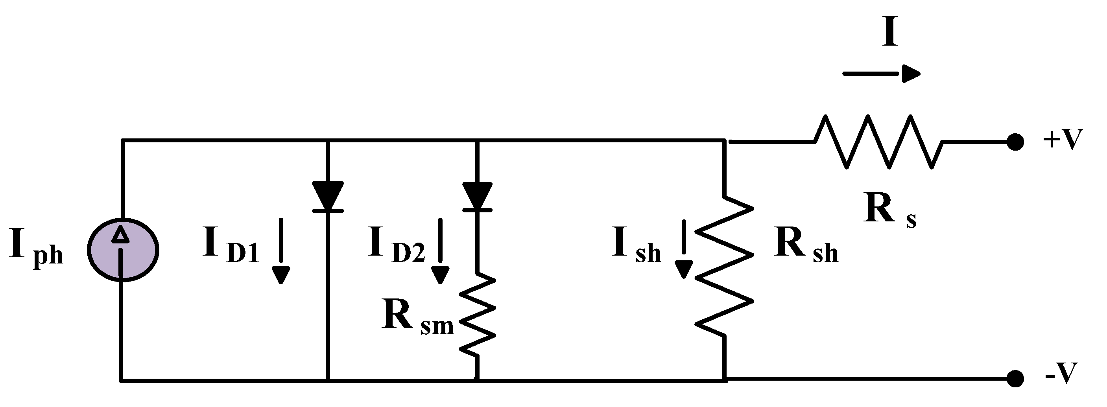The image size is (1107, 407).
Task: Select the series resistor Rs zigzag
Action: click(878, 142)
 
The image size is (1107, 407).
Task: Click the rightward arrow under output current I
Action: click(881, 74)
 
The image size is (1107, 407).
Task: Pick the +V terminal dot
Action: click(1015, 142)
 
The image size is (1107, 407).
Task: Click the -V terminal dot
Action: click(1015, 379)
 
